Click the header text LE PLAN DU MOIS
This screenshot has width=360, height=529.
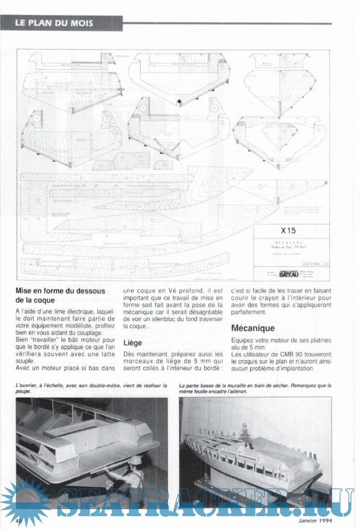[53, 23]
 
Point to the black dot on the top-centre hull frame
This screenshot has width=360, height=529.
[180, 101]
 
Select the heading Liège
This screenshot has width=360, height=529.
[132, 343]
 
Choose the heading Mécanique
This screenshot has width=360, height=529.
[253, 328]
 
